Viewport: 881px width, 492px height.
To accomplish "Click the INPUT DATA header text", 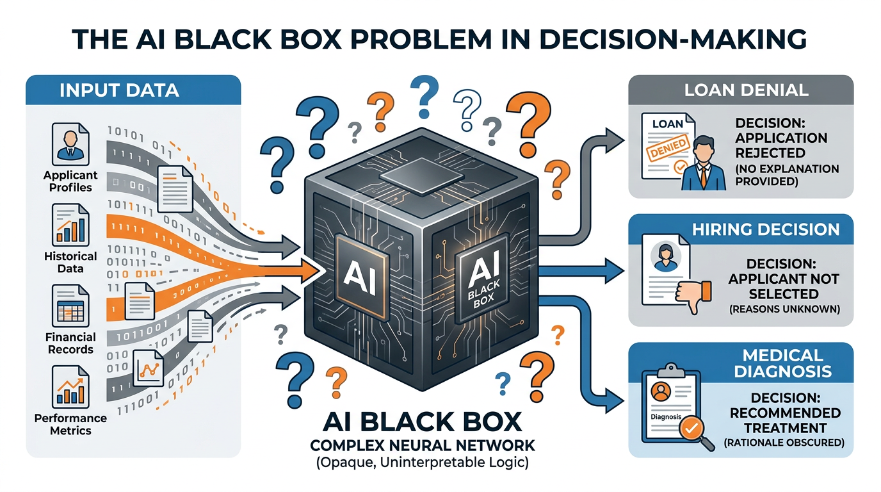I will click(x=119, y=90).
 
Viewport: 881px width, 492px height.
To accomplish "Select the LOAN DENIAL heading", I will click(x=746, y=90).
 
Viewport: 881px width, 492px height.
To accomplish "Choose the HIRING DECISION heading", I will click(x=766, y=229).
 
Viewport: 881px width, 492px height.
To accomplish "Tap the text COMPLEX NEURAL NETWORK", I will click(x=423, y=445).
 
